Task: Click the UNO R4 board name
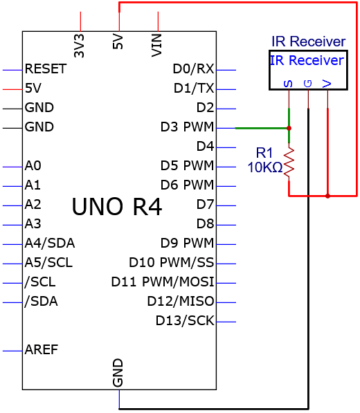pyautogui.click(x=117, y=207)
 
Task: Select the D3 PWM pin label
pyautogui.click(x=187, y=127)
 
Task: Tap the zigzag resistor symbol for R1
pyautogui.click(x=289, y=162)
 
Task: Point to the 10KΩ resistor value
pyautogui.click(x=265, y=167)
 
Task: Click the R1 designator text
pyautogui.click(x=264, y=153)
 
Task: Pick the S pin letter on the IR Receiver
pyautogui.click(x=288, y=84)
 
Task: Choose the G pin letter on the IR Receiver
pyautogui.click(x=308, y=84)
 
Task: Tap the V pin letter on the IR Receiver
pyautogui.click(x=327, y=84)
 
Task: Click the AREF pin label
pyautogui.click(x=42, y=350)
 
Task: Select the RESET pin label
pyautogui.click(x=45, y=69)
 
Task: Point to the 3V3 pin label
pyautogui.click(x=79, y=46)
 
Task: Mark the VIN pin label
pyautogui.click(x=156, y=45)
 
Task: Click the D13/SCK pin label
pyautogui.click(x=185, y=320)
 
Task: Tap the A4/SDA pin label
pyautogui.click(x=50, y=243)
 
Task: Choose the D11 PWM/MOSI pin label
pyautogui.click(x=163, y=282)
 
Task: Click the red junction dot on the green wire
pyautogui.click(x=289, y=128)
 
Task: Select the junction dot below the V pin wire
pyautogui.click(x=327, y=196)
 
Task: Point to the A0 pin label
pyautogui.click(x=33, y=165)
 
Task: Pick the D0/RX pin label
pyautogui.click(x=193, y=68)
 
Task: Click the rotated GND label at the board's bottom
pyautogui.click(x=118, y=373)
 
